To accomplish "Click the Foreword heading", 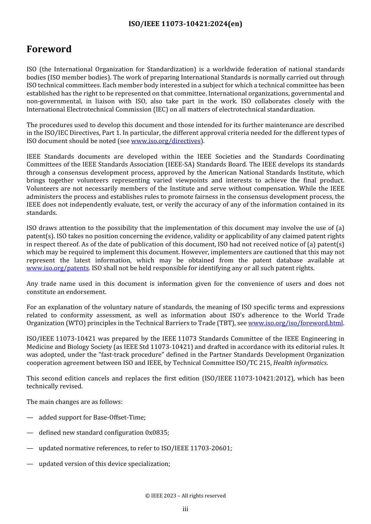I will (49, 49).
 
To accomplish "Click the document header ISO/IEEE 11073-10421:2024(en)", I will (185, 24).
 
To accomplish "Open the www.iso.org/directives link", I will (166, 141).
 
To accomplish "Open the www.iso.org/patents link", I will (57, 268).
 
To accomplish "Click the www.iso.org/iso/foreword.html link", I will (295, 323).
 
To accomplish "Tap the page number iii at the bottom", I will (185, 509).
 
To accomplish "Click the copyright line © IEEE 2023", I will (185, 496).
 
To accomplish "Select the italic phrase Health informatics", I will (300, 363).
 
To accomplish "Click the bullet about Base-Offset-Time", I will (92, 418).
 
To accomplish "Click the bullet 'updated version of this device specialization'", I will (104, 464).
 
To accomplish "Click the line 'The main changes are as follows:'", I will (74, 402).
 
